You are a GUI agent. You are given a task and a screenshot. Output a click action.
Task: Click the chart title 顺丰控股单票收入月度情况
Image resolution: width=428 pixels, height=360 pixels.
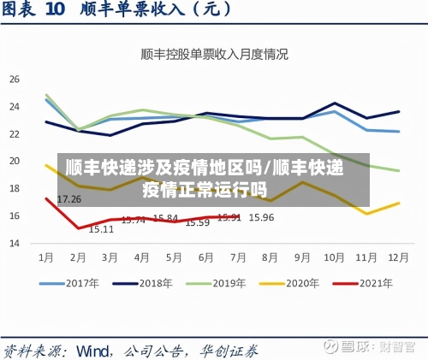click(x=214, y=53)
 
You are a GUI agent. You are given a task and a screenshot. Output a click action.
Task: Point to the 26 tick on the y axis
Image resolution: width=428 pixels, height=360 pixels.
click(x=14, y=79)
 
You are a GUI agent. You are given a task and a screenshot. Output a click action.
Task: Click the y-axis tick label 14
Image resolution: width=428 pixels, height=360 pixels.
click(x=14, y=243)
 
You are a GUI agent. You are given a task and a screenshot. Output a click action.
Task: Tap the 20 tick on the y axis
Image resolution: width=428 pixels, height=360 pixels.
click(x=14, y=161)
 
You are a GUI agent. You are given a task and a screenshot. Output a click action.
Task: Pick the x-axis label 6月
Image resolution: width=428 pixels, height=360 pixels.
click(x=204, y=257)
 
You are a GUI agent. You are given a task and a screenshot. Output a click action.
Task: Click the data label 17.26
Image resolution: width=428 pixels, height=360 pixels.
click(x=69, y=199)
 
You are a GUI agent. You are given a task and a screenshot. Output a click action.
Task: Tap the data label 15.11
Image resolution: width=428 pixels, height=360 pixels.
click(x=101, y=229)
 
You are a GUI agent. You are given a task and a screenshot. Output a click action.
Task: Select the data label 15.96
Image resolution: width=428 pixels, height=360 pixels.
click(x=261, y=218)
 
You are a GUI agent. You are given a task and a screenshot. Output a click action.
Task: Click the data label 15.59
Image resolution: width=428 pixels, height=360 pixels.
click(x=198, y=222)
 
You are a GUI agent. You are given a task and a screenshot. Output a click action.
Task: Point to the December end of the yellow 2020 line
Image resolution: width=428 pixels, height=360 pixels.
click(x=399, y=204)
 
